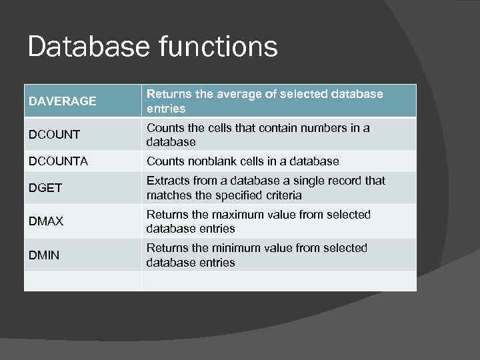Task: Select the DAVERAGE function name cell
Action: (x=63, y=101)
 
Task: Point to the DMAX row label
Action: (x=45, y=221)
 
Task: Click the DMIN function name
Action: (x=43, y=255)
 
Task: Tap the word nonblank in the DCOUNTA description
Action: (x=212, y=161)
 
